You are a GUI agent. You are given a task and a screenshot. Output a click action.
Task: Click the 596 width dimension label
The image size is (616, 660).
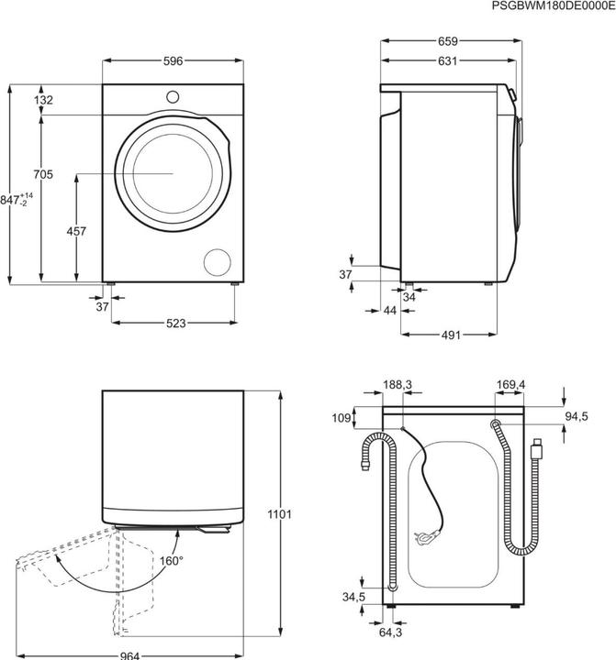point(174,61)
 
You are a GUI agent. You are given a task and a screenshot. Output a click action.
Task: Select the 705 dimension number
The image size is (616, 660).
point(43,174)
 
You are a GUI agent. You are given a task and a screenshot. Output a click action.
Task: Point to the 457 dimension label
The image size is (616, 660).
point(77,232)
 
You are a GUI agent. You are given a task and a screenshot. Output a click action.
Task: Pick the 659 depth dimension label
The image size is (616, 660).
point(446,40)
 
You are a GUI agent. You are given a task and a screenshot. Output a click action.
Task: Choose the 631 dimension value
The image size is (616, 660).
point(446,62)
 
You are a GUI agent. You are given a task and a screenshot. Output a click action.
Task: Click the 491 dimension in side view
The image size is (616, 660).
point(451,335)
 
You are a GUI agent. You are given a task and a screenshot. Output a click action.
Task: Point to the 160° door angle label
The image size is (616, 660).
point(171,560)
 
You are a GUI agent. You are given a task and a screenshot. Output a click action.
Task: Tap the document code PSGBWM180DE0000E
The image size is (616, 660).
point(552,6)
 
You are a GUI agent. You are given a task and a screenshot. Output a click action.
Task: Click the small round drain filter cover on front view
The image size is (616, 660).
point(218,259)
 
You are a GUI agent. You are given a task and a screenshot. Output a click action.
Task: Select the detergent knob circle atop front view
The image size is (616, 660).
point(173,94)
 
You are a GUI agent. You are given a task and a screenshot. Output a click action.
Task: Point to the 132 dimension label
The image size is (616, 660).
point(43,100)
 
